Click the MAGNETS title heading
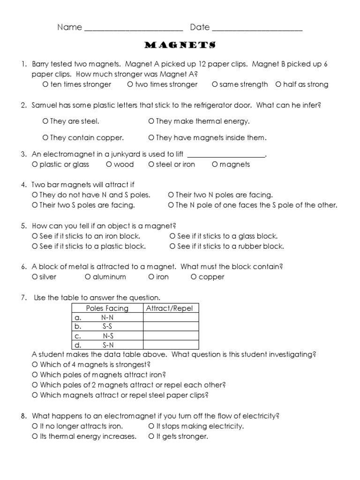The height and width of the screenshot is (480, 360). coord(180,45)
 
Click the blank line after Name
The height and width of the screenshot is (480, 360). coord(133,28)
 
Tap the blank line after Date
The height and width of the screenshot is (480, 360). coord(257,28)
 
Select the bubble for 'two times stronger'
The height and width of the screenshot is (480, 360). coord(130,85)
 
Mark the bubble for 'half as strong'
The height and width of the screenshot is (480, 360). coord(278,85)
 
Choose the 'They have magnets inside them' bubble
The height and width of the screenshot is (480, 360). coord(151,138)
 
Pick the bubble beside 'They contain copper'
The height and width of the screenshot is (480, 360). coord(45,138)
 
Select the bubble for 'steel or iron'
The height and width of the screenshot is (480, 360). coord(151,165)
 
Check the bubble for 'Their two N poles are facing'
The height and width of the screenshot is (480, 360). coord(171,195)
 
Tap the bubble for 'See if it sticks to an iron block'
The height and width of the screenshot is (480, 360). coord(35,236)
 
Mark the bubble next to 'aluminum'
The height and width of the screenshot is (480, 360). coord(88,277)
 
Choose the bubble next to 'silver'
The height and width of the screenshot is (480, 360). coord(35,277)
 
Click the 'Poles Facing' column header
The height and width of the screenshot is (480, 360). coord(107,308)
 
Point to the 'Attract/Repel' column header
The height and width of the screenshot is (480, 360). coord(170,308)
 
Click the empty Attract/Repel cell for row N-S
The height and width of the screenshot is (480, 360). coord(170,336)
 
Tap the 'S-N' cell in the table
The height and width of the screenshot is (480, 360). coord(108,345)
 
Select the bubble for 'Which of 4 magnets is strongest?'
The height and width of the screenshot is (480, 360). coord(35,365)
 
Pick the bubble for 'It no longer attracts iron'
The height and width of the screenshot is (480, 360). coord(35,427)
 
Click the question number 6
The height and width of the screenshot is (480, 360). coord(23,267)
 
